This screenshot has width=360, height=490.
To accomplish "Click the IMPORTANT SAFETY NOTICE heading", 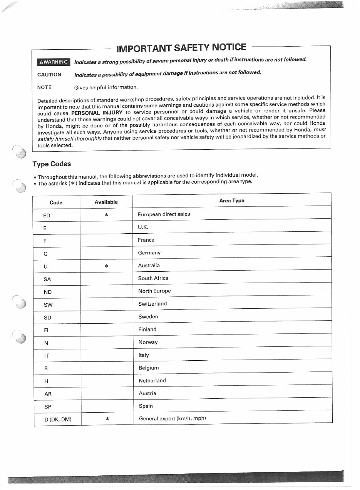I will coord(181,48).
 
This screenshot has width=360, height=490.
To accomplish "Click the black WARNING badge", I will coord(54,62).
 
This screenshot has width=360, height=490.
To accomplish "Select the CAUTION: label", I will coord(50,75).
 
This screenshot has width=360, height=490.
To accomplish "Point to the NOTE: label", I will coord(45,87).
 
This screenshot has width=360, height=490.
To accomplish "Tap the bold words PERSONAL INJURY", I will coord(97,113).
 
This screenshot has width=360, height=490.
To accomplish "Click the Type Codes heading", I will coord(52,164).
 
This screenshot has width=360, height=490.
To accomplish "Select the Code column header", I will coord(56,202).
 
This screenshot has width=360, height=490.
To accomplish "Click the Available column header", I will coord(106,202).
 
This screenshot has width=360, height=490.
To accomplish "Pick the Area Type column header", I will coord(231,201).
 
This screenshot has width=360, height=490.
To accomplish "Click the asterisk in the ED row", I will coord(106,215).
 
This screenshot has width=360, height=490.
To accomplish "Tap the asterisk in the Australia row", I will coord(106,266).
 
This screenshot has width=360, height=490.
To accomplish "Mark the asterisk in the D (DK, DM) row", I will coord(107,419).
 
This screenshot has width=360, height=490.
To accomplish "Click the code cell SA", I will coord(47,279).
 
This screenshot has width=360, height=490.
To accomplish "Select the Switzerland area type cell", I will coord(152,304).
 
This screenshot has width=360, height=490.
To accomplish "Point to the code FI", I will coord(47,330).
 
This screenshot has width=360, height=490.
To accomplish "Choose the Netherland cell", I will coord(152,380).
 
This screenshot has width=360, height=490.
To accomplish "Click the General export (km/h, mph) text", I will coord(172,418).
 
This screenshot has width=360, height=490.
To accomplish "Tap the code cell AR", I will coord(48,394).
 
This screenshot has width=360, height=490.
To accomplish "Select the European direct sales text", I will coord(164,214).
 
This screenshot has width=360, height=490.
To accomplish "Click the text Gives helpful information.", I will coord(106,87).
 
